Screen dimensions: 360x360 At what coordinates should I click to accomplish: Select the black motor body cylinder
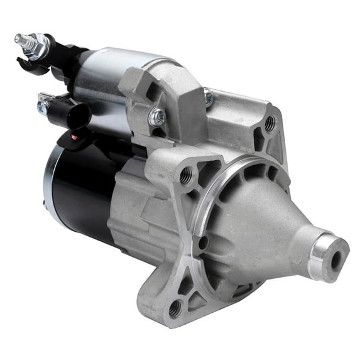(x=82, y=188)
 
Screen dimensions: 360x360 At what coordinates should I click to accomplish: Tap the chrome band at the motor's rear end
(x=50, y=182)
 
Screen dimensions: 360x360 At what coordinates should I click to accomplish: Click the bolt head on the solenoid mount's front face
(x=157, y=116)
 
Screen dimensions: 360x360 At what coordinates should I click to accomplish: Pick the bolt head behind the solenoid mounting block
(x=208, y=98)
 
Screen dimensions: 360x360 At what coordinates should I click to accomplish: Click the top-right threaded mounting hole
(x=269, y=124)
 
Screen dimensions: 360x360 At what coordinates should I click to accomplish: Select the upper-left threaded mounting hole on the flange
(x=186, y=177)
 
